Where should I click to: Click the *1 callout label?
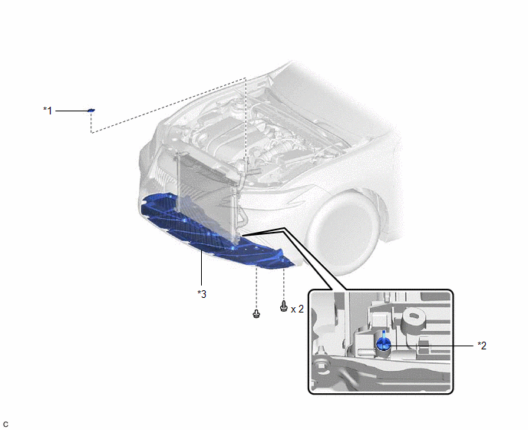coord(48,111)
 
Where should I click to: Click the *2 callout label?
coord(482,346)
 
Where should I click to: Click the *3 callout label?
coord(202,294)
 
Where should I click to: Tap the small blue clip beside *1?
coord(91,111)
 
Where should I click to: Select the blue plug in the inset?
coord(384,342)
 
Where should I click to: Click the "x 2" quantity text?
coord(297,309)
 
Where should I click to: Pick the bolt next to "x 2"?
coord(284,306)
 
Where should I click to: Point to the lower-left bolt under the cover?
coord(256,314)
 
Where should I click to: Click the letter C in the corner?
coord(5,425)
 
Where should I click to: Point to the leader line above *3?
coord(201,269)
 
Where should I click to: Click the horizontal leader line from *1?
coord(71,111)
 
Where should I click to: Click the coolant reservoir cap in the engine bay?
coord(239,101)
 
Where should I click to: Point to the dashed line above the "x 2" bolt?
coord(284,285)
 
